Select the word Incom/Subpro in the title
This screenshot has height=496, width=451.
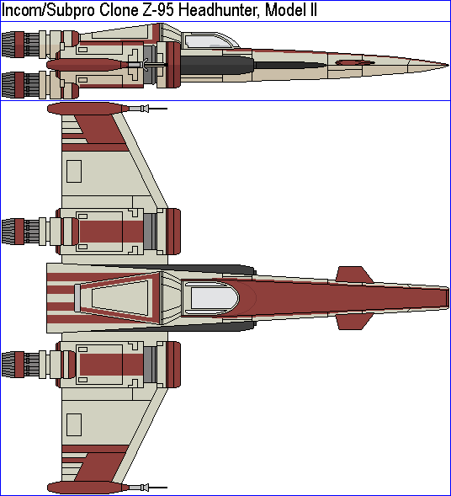(x=49, y=11)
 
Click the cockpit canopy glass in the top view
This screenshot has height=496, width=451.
(x=215, y=298)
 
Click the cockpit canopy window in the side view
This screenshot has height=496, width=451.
(x=209, y=41)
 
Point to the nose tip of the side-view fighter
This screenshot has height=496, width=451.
(x=448, y=66)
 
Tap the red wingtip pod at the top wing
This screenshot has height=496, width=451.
(x=88, y=109)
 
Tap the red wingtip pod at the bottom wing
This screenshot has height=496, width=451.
(x=88, y=488)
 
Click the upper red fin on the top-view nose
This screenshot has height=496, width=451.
(x=353, y=275)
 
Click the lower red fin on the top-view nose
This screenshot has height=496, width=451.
(x=353, y=322)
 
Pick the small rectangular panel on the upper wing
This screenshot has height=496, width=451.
(x=74, y=171)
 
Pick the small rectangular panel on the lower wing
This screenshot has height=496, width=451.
(x=74, y=424)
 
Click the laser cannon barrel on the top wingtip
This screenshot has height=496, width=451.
(x=148, y=109)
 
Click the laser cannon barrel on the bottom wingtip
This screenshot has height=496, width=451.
(x=148, y=488)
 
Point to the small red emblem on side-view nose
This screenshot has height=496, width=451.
(x=354, y=62)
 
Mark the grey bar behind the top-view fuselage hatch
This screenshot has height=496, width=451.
(x=77, y=297)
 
